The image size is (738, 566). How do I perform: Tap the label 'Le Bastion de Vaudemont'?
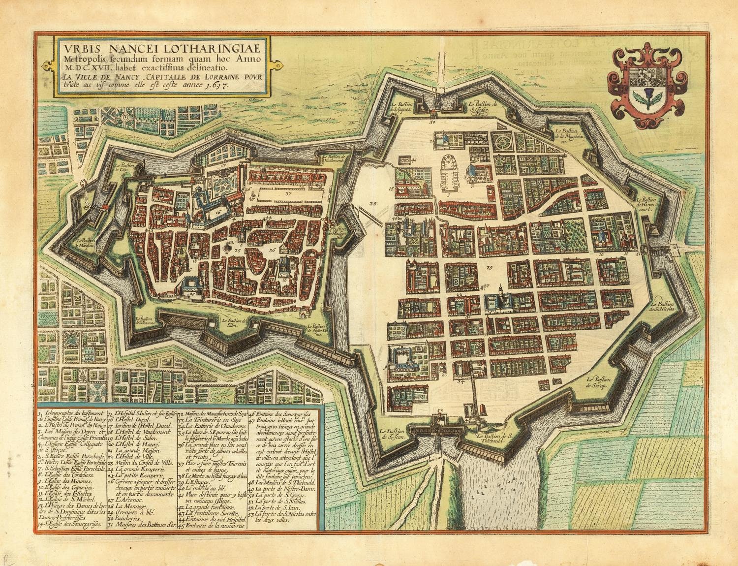click(x=336, y=158)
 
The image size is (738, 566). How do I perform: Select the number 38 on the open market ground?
click(x=372, y=202)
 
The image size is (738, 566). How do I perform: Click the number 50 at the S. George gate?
click(x=432, y=121)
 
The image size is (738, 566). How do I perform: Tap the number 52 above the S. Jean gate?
click(x=440, y=409)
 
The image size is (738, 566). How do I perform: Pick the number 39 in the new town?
click(x=489, y=268)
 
